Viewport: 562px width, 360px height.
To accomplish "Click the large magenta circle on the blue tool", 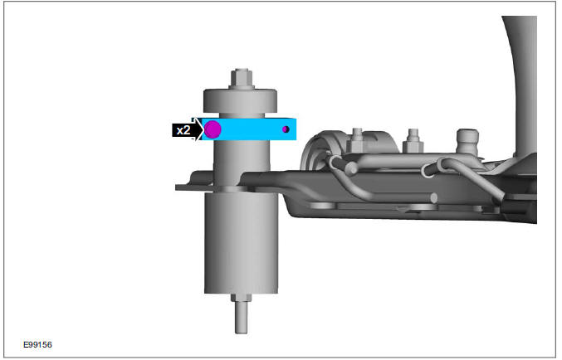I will coord(213,129).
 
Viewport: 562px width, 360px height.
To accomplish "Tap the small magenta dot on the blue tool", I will coord(286,129).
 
